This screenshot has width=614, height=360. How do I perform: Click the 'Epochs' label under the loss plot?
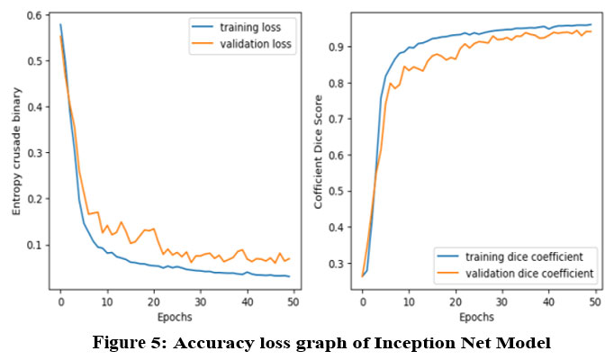click(174, 317)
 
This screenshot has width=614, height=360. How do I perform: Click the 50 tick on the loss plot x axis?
click(292, 301)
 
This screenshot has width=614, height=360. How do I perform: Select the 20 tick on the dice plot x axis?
click(456, 301)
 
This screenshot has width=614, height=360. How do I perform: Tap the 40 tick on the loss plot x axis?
click(246, 301)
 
